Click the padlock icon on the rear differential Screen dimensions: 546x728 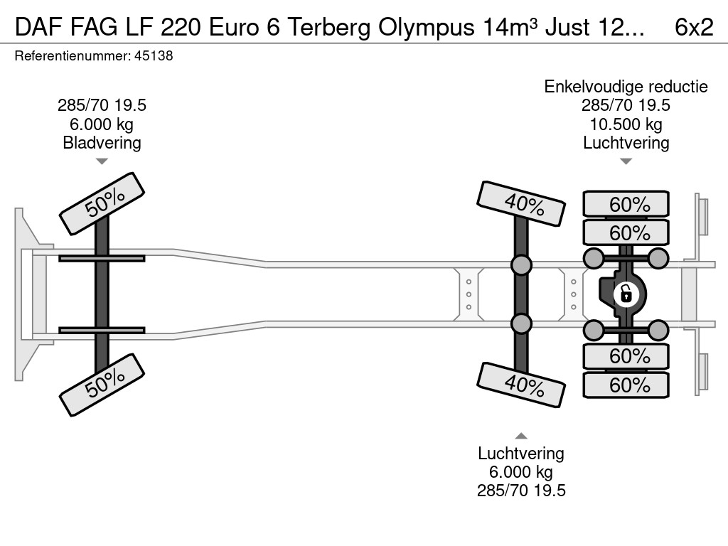click(626, 293)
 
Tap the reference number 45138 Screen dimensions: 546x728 click(154, 56)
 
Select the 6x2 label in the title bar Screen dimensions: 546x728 click(693, 26)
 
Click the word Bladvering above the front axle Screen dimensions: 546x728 click(102, 143)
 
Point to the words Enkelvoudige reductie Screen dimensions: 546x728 click(626, 87)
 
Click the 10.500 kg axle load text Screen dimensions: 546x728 click(626, 124)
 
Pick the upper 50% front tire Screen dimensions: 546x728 click(102, 203)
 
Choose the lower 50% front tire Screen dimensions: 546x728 click(102, 384)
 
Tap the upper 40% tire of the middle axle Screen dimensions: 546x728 click(523, 204)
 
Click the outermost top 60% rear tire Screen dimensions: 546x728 click(626, 205)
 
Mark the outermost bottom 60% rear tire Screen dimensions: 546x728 click(626, 385)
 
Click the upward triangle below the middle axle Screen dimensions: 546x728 click(521, 436)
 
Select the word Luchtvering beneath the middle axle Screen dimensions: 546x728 click(521, 454)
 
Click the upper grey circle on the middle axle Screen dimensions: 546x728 click(521, 265)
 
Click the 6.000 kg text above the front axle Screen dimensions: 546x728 click(102, 124)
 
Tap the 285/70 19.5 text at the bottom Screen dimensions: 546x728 click(521, 491)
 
